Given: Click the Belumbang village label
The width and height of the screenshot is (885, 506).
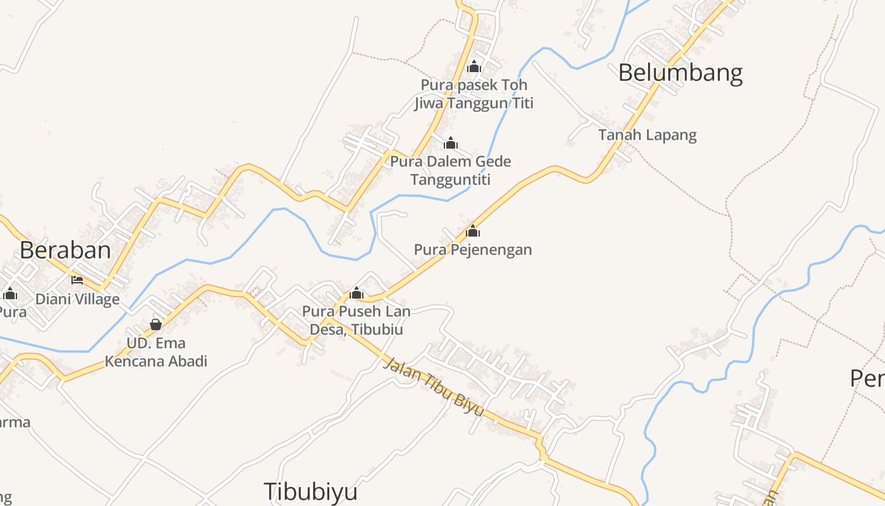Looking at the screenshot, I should [680, 73].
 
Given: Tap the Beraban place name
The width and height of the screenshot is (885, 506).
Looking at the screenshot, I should [65, 250].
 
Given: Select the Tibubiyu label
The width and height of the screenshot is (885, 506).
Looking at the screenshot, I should [310, 491].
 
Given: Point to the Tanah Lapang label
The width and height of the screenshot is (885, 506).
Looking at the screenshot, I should [647, 135].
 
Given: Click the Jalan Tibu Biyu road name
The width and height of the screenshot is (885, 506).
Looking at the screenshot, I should [434, 387].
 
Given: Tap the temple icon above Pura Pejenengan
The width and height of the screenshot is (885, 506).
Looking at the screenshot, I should [473, 231].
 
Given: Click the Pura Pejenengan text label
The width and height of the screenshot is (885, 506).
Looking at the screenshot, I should [473, 250].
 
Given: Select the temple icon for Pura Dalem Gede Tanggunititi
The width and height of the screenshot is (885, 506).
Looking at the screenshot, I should [451, 144].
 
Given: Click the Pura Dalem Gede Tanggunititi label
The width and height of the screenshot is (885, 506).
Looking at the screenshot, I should [450, 170].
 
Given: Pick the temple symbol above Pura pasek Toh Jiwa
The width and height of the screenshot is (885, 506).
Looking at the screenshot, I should [474, 66].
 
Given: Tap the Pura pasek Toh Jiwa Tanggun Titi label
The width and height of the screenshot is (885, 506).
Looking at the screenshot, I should [474, 94].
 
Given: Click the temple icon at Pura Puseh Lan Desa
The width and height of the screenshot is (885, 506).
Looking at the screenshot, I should [357, 293].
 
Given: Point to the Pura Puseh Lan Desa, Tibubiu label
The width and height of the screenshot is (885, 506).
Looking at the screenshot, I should [357, 320].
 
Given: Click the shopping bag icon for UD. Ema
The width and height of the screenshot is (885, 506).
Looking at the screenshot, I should [156, 325].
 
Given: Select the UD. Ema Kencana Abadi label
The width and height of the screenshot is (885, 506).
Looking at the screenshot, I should [156, 352].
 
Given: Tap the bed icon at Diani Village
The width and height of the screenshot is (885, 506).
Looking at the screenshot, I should [77, 280].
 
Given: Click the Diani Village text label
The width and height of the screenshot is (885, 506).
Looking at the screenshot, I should [77, 299].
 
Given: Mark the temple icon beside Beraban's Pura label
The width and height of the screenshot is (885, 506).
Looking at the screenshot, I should [10, 293].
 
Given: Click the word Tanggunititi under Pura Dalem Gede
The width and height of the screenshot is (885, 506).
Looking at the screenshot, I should [450, 180].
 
